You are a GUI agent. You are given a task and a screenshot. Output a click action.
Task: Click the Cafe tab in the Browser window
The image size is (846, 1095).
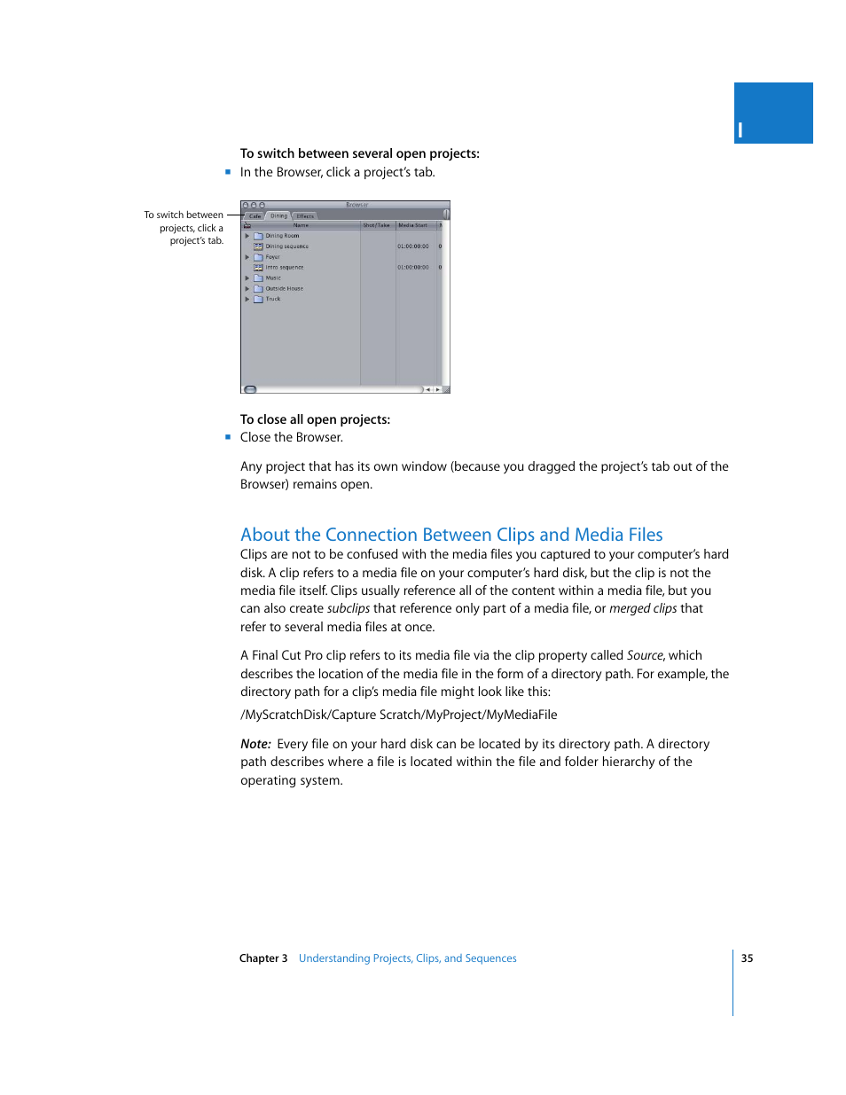(255, 215)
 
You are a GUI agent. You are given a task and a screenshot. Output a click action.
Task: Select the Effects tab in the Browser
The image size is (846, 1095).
(305, 215)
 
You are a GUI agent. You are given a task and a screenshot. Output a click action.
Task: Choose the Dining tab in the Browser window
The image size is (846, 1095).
(278, 215)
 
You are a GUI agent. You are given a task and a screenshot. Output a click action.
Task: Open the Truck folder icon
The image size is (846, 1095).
(258, 299)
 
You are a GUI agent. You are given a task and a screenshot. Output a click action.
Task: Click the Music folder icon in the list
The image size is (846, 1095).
(258, 278)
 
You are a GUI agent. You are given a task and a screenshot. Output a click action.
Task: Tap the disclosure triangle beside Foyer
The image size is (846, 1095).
(247, 257)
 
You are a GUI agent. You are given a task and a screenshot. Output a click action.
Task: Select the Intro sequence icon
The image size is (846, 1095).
(258, 267)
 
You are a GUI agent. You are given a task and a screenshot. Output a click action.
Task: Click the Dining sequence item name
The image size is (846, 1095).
(286, 246)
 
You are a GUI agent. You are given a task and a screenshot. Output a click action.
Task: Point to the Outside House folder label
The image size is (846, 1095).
(284, 288)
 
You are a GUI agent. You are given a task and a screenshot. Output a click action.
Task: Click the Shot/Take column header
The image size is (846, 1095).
(376, 225)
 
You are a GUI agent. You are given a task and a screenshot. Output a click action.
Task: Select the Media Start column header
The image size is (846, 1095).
(412, 225)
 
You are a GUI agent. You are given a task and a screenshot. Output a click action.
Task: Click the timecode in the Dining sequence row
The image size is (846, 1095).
(412, 246)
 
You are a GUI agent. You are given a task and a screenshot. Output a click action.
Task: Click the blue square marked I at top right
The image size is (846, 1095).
(772, 113)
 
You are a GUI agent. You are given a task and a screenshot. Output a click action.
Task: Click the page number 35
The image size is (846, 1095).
(747, 958)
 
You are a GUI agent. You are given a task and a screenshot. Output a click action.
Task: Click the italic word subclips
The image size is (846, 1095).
(348, 609)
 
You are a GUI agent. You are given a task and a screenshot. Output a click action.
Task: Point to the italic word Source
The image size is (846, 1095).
(644, 655)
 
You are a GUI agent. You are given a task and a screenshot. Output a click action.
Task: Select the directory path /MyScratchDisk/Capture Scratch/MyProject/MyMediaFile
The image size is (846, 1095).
(398, 715)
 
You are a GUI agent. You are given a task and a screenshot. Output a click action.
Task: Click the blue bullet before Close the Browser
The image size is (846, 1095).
(228, 437)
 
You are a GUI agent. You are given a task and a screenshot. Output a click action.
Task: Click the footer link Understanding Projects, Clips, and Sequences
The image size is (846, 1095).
(407, 958)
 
